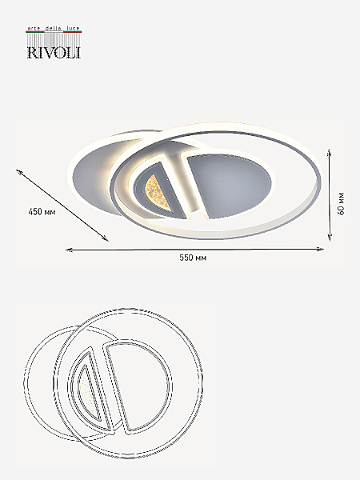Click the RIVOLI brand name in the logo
tap(54, 52)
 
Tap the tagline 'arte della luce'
tap(54, 28)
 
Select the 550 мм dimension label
tap(193, 258)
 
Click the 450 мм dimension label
tap(42, 211)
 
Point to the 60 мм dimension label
tap(342, 203)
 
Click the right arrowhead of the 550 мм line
tap(321, 250)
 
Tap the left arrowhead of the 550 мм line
tap(69, 250)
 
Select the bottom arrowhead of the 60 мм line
tap(330, 238)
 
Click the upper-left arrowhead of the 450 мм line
tap(19, 172)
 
